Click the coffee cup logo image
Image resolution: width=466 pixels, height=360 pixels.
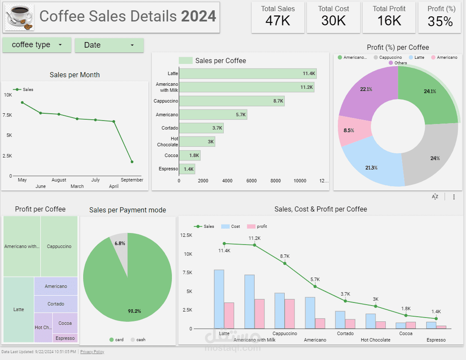coord(20,18)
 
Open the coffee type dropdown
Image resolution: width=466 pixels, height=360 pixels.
coord(37,45)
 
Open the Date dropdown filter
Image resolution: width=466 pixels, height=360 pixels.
coord(109,45)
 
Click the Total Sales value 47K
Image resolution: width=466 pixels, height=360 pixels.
coord(277,21)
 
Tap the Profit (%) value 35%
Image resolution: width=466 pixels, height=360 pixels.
coord(440,21)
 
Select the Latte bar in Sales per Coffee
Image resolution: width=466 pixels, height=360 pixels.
coord(247,74)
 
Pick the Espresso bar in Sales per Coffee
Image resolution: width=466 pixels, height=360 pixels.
coord(187,169)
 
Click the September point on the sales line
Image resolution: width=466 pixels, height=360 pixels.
coord(132,162)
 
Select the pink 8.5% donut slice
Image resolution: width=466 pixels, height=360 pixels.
coord(348,130)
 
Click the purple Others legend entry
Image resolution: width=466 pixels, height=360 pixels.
coord(398,63)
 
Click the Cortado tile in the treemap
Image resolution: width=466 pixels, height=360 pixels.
coord(56,304)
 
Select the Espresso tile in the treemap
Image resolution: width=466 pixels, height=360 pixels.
coord(65,338)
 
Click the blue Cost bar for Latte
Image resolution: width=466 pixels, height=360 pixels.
coord(219,299)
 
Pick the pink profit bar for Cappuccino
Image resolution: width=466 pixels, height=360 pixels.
coord(289,314)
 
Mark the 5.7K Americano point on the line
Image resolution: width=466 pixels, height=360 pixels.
coord(315,286)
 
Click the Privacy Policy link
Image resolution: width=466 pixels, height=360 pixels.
coord(92,352)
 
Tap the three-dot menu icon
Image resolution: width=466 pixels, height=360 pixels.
coord(454,197)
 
